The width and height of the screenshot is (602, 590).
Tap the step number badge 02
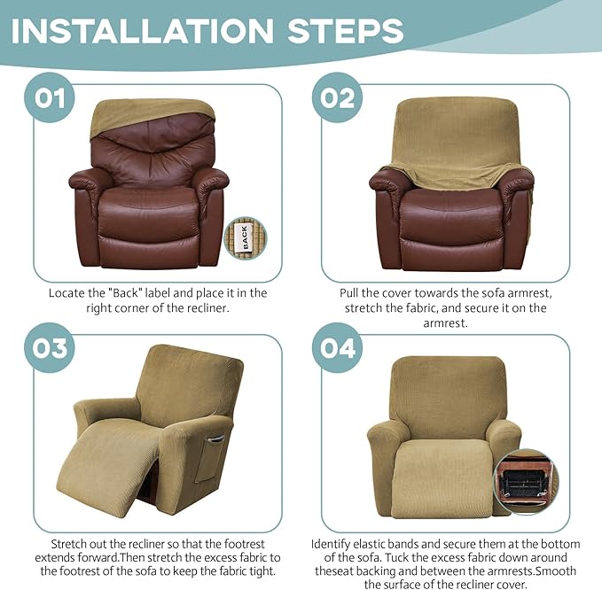[x=338, y=97]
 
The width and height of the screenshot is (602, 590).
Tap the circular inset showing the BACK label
[x=245, y=237]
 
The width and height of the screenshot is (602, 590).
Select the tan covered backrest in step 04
[x=442, y=390]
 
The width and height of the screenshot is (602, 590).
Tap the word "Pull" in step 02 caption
[x=352, y=292]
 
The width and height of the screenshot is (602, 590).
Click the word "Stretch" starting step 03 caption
[x=72, y=543]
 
